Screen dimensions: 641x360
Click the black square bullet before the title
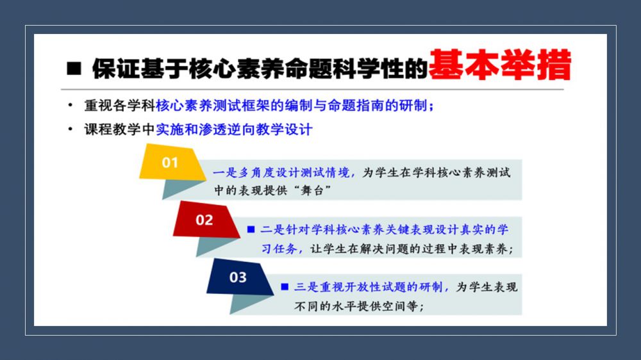74,69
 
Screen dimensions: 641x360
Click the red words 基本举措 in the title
500,65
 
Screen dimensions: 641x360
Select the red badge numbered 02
206,220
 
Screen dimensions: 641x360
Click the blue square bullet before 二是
251,230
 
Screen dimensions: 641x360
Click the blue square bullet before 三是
285,287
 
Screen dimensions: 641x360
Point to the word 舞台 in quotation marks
312,190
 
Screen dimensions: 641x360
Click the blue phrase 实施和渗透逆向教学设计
234,129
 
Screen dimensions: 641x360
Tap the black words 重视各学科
120,106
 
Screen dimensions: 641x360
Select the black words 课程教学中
120,129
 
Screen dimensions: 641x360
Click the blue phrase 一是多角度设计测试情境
281,173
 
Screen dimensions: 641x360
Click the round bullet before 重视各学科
71,106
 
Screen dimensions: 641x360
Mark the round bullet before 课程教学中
71,129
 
